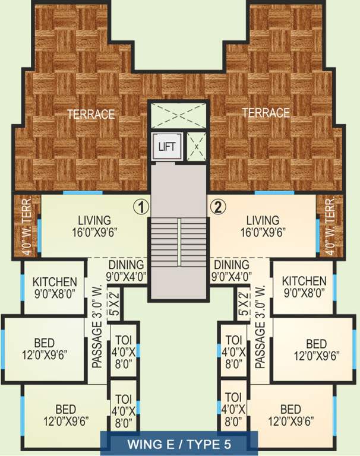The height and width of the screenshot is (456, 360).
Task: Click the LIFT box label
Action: [x=167, y=146]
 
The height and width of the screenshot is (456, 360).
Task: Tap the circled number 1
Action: [x=140, y=207]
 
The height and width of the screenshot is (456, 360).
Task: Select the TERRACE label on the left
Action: [x=90, y=114]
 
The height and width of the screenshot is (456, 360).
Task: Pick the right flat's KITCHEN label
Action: [x=304, y=286]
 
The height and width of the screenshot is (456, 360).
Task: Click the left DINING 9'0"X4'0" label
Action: [x=126, y=270]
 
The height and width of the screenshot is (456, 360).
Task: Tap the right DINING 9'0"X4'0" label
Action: [x=232, y=270]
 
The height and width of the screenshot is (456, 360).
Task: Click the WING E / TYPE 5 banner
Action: [x=179, y=444]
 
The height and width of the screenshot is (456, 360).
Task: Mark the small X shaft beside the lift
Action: [x=196, y=145]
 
